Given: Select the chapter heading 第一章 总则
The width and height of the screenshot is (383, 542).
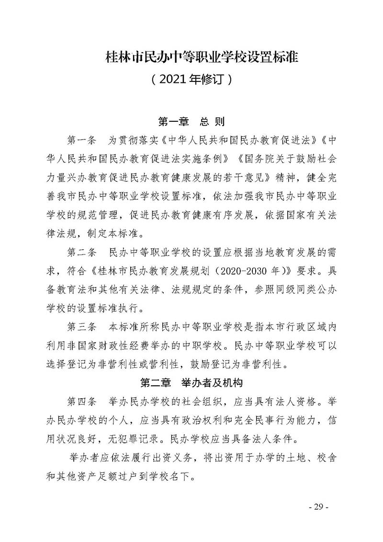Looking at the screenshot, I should [x=191, y=122].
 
